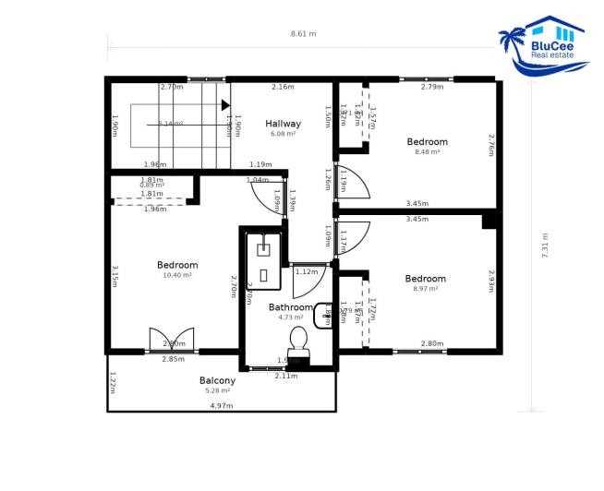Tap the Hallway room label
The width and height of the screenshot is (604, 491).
tap(283, 124)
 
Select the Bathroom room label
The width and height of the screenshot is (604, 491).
tap(291, 307)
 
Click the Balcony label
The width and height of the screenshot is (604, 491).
tap(217, 380)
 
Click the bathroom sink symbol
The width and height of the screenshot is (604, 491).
tap(323, 316)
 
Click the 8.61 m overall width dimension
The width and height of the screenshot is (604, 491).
tap(303, 34)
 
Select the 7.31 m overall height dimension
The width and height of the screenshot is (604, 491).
tap(545, 245)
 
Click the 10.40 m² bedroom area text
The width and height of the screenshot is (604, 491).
tap(177, 275)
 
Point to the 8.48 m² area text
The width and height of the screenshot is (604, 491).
tap(427, 151)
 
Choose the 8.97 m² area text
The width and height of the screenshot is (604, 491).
tap(425, 289)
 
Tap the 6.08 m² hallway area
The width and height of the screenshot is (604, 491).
tap(283, 134)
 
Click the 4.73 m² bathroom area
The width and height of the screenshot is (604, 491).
tap(291, 317)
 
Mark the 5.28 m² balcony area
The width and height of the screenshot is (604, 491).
tap(217, 390)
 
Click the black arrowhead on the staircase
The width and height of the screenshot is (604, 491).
tap(224, 105)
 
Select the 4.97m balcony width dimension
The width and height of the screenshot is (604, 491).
tap(221, 406)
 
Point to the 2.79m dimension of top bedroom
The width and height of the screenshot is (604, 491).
tap(431, 88)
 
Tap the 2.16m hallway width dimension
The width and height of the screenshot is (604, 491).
tap(283, 88)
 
